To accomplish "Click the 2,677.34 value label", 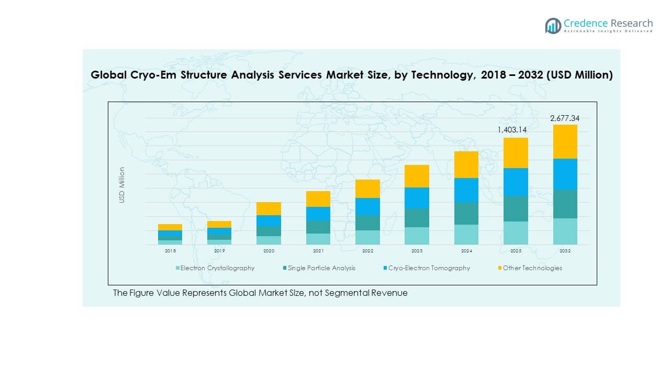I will point(565,118).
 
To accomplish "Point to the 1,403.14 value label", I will point(516,129).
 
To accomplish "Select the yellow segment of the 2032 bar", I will point(565,141).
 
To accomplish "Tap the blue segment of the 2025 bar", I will point(516,182).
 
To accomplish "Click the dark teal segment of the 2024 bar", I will point(466,213).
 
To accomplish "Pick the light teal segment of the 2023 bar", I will point(417,236).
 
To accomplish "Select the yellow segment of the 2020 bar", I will point(269,208).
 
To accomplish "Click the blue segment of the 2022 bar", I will point(367,206).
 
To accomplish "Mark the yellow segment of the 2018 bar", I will point(170,227).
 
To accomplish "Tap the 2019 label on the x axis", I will point(219,251).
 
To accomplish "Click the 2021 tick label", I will point(318,251).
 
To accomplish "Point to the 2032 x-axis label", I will point(565,251).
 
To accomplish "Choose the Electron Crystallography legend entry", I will point(217,268).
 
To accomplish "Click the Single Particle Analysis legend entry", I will point(321,268).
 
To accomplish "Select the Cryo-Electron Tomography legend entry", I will point(429,268).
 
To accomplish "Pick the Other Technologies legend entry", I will point(532,268).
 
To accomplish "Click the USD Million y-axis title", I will point(122,185).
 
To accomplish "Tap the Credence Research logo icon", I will point(553,25).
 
